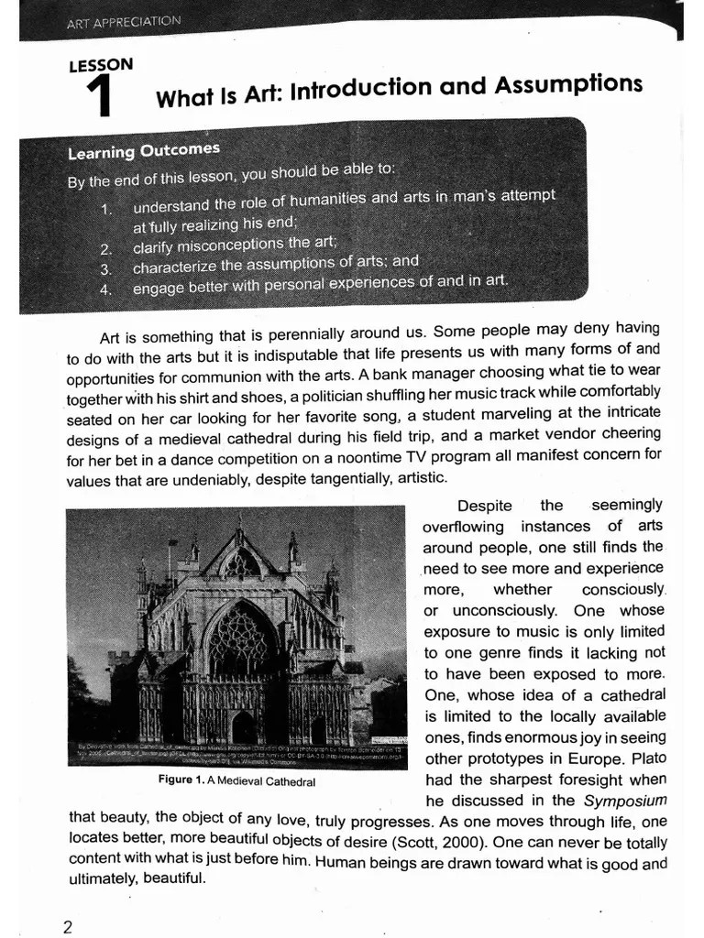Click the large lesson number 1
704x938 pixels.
click(98, 97)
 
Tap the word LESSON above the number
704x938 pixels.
click(100, 65)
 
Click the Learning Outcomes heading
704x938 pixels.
click(144, 151)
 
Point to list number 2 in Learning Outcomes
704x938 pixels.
click(106, 248)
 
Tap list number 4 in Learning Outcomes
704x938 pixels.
click(106, 289)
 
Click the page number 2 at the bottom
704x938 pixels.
click(67, 926)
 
